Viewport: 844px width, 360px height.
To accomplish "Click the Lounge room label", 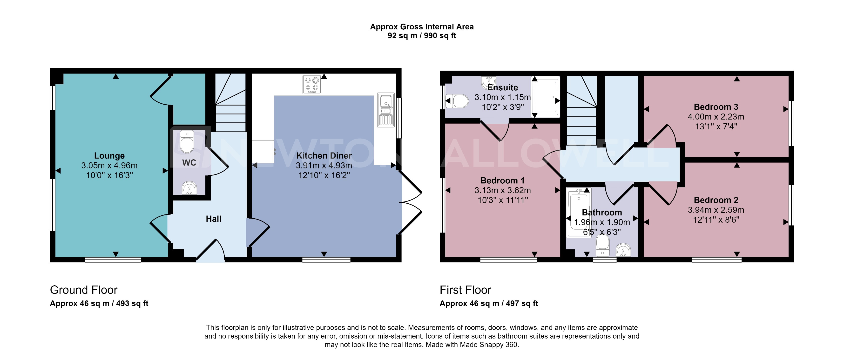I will [x=109, y=156].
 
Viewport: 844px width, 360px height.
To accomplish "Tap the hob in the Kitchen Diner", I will [x=311, y=85].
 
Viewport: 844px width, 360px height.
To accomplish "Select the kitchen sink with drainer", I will [x=386, y=110].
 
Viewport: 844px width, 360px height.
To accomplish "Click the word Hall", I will [x=213, y=219].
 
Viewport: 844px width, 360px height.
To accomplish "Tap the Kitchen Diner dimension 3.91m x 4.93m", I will [x=324, y=166].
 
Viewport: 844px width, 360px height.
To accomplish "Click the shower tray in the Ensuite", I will [x=546, y=97].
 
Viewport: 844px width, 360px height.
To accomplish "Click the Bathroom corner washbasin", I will [x=623, y=251].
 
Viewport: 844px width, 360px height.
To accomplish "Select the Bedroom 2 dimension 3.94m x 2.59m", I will [x=716, y=210].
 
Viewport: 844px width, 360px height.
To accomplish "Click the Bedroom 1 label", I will [x=502, y=180].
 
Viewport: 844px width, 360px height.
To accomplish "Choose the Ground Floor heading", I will [x=84, y=290].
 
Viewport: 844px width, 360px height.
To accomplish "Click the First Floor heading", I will [x=465, y=290].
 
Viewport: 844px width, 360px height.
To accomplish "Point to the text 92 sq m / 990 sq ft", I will [x=422, y=36].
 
